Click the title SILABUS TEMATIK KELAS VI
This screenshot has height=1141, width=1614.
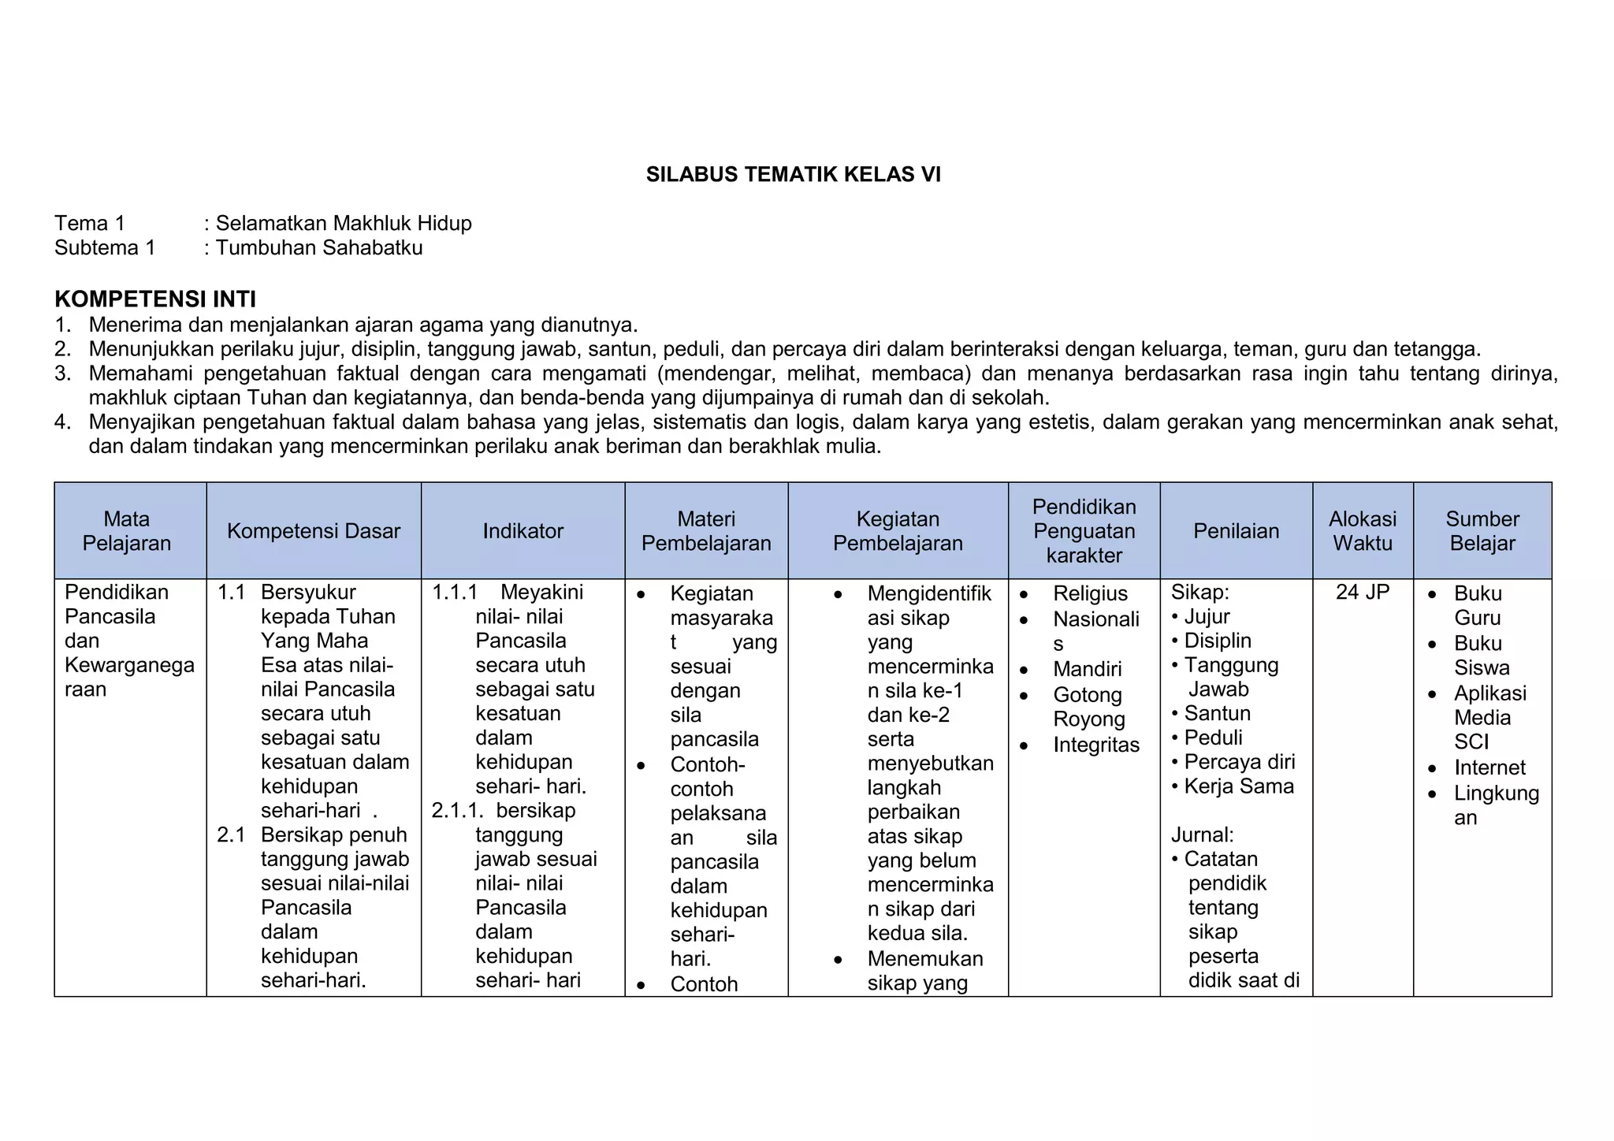coord(793,175)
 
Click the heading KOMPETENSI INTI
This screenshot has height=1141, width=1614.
coord(155,299)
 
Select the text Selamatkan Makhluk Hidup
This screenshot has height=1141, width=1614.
coord(344,224)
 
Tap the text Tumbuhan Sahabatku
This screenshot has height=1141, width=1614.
coord(319,248)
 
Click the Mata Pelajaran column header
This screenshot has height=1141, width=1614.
coord(127,531)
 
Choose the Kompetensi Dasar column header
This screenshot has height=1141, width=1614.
coord(314,531)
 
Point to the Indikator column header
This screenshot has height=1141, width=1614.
coord(523,531)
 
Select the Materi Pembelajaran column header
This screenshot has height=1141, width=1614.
coord(706,531)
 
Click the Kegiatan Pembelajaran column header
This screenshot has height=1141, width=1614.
coord(898,531)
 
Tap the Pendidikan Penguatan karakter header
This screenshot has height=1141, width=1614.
coord(1084,531)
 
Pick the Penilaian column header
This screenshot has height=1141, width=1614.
coord(1236,531)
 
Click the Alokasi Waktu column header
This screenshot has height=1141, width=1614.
coord(1363,531)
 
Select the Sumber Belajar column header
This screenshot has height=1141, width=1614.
coord(1482,531)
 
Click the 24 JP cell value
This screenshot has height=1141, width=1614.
coord(1363,593)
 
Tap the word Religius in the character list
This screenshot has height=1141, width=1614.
coord(1090,594)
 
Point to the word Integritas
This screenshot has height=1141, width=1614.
coord(1095,745)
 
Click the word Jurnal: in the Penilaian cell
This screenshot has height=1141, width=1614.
coord(1202,835)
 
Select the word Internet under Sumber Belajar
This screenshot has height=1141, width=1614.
coord(1489,768)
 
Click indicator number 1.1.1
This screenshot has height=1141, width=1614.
coord(455,593)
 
